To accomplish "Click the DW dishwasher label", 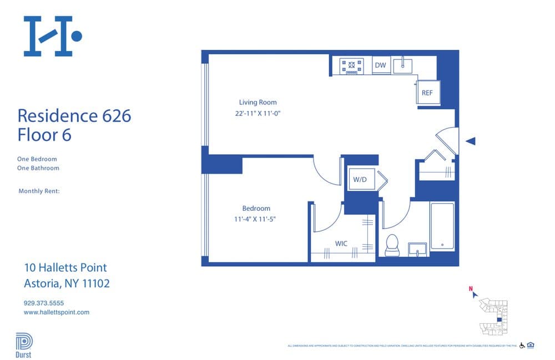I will tap(380, 65).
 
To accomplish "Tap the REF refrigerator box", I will tap(428, 93).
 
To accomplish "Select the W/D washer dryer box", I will tap(361, 180).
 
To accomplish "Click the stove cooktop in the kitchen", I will tap(352, 66).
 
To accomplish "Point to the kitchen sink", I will tap(403, 65).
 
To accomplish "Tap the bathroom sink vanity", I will tap(417, 249).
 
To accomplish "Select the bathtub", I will tap(442, 226).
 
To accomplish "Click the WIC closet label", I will tap(341, 244).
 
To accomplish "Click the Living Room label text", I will tap(258, 102).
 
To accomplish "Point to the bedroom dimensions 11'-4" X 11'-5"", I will tap(255, 219).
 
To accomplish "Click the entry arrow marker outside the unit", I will tap(470, 141).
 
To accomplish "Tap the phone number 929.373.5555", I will tap(44, 303).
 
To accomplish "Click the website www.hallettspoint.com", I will tap(56, 312).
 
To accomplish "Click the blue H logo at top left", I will tap(52, 36).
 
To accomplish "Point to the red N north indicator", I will tap(471, 288).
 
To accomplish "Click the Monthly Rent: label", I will tap(39, 191).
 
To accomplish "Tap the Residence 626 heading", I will tap(74, 116).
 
